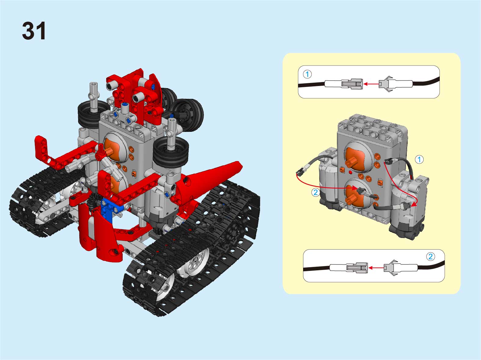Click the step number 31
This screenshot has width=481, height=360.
pos(34,31)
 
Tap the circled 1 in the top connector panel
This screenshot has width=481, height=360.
pos(307,74)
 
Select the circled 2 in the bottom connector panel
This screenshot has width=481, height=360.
pos(430,256)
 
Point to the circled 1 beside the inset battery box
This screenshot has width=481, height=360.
pos(419,160)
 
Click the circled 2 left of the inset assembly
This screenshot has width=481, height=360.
pos(316,193)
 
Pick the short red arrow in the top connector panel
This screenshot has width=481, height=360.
pos(371,84)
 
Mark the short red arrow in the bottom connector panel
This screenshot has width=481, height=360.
pos(376,268)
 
